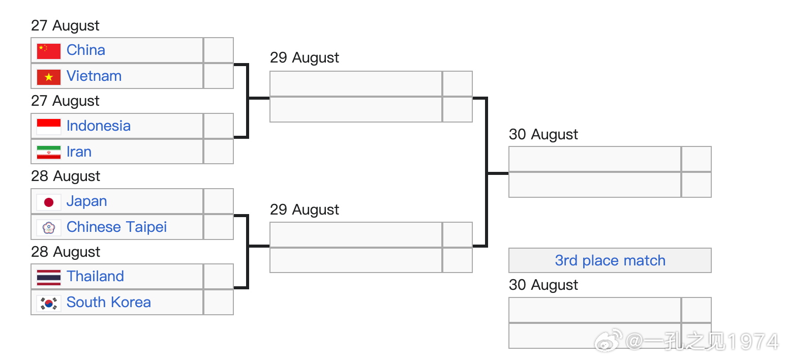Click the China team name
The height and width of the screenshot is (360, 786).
click(x=85, y=50)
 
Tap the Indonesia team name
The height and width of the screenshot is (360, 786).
click(x=99, y=126)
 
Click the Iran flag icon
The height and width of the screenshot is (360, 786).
click(x=49, y=152)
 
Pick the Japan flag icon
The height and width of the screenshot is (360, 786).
click(x=49, y=202)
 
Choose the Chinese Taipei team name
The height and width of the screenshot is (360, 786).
click(x=116, y=227)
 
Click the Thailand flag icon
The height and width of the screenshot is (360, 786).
click(x=49, y=277)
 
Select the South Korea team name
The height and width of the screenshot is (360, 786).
click(x=109, y=302)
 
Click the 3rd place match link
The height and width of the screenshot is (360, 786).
click(x=610, y=261)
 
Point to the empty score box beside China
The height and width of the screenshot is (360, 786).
click(x=219, y=50)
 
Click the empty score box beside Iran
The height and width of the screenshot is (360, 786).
click(x=219, y=152)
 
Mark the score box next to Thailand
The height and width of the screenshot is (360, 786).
click(x=219, y=277)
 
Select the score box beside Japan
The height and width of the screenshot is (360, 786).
click(x=219, y=201)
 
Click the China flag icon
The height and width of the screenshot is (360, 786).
click(x=49, y=51)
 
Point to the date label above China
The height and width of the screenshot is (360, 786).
click(x=65, y=26)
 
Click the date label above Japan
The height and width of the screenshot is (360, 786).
click(x=66, y=176)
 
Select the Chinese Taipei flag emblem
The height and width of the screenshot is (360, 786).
click(x=49, y=228)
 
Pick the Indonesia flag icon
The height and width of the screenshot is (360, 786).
click(x=49, y=127)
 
